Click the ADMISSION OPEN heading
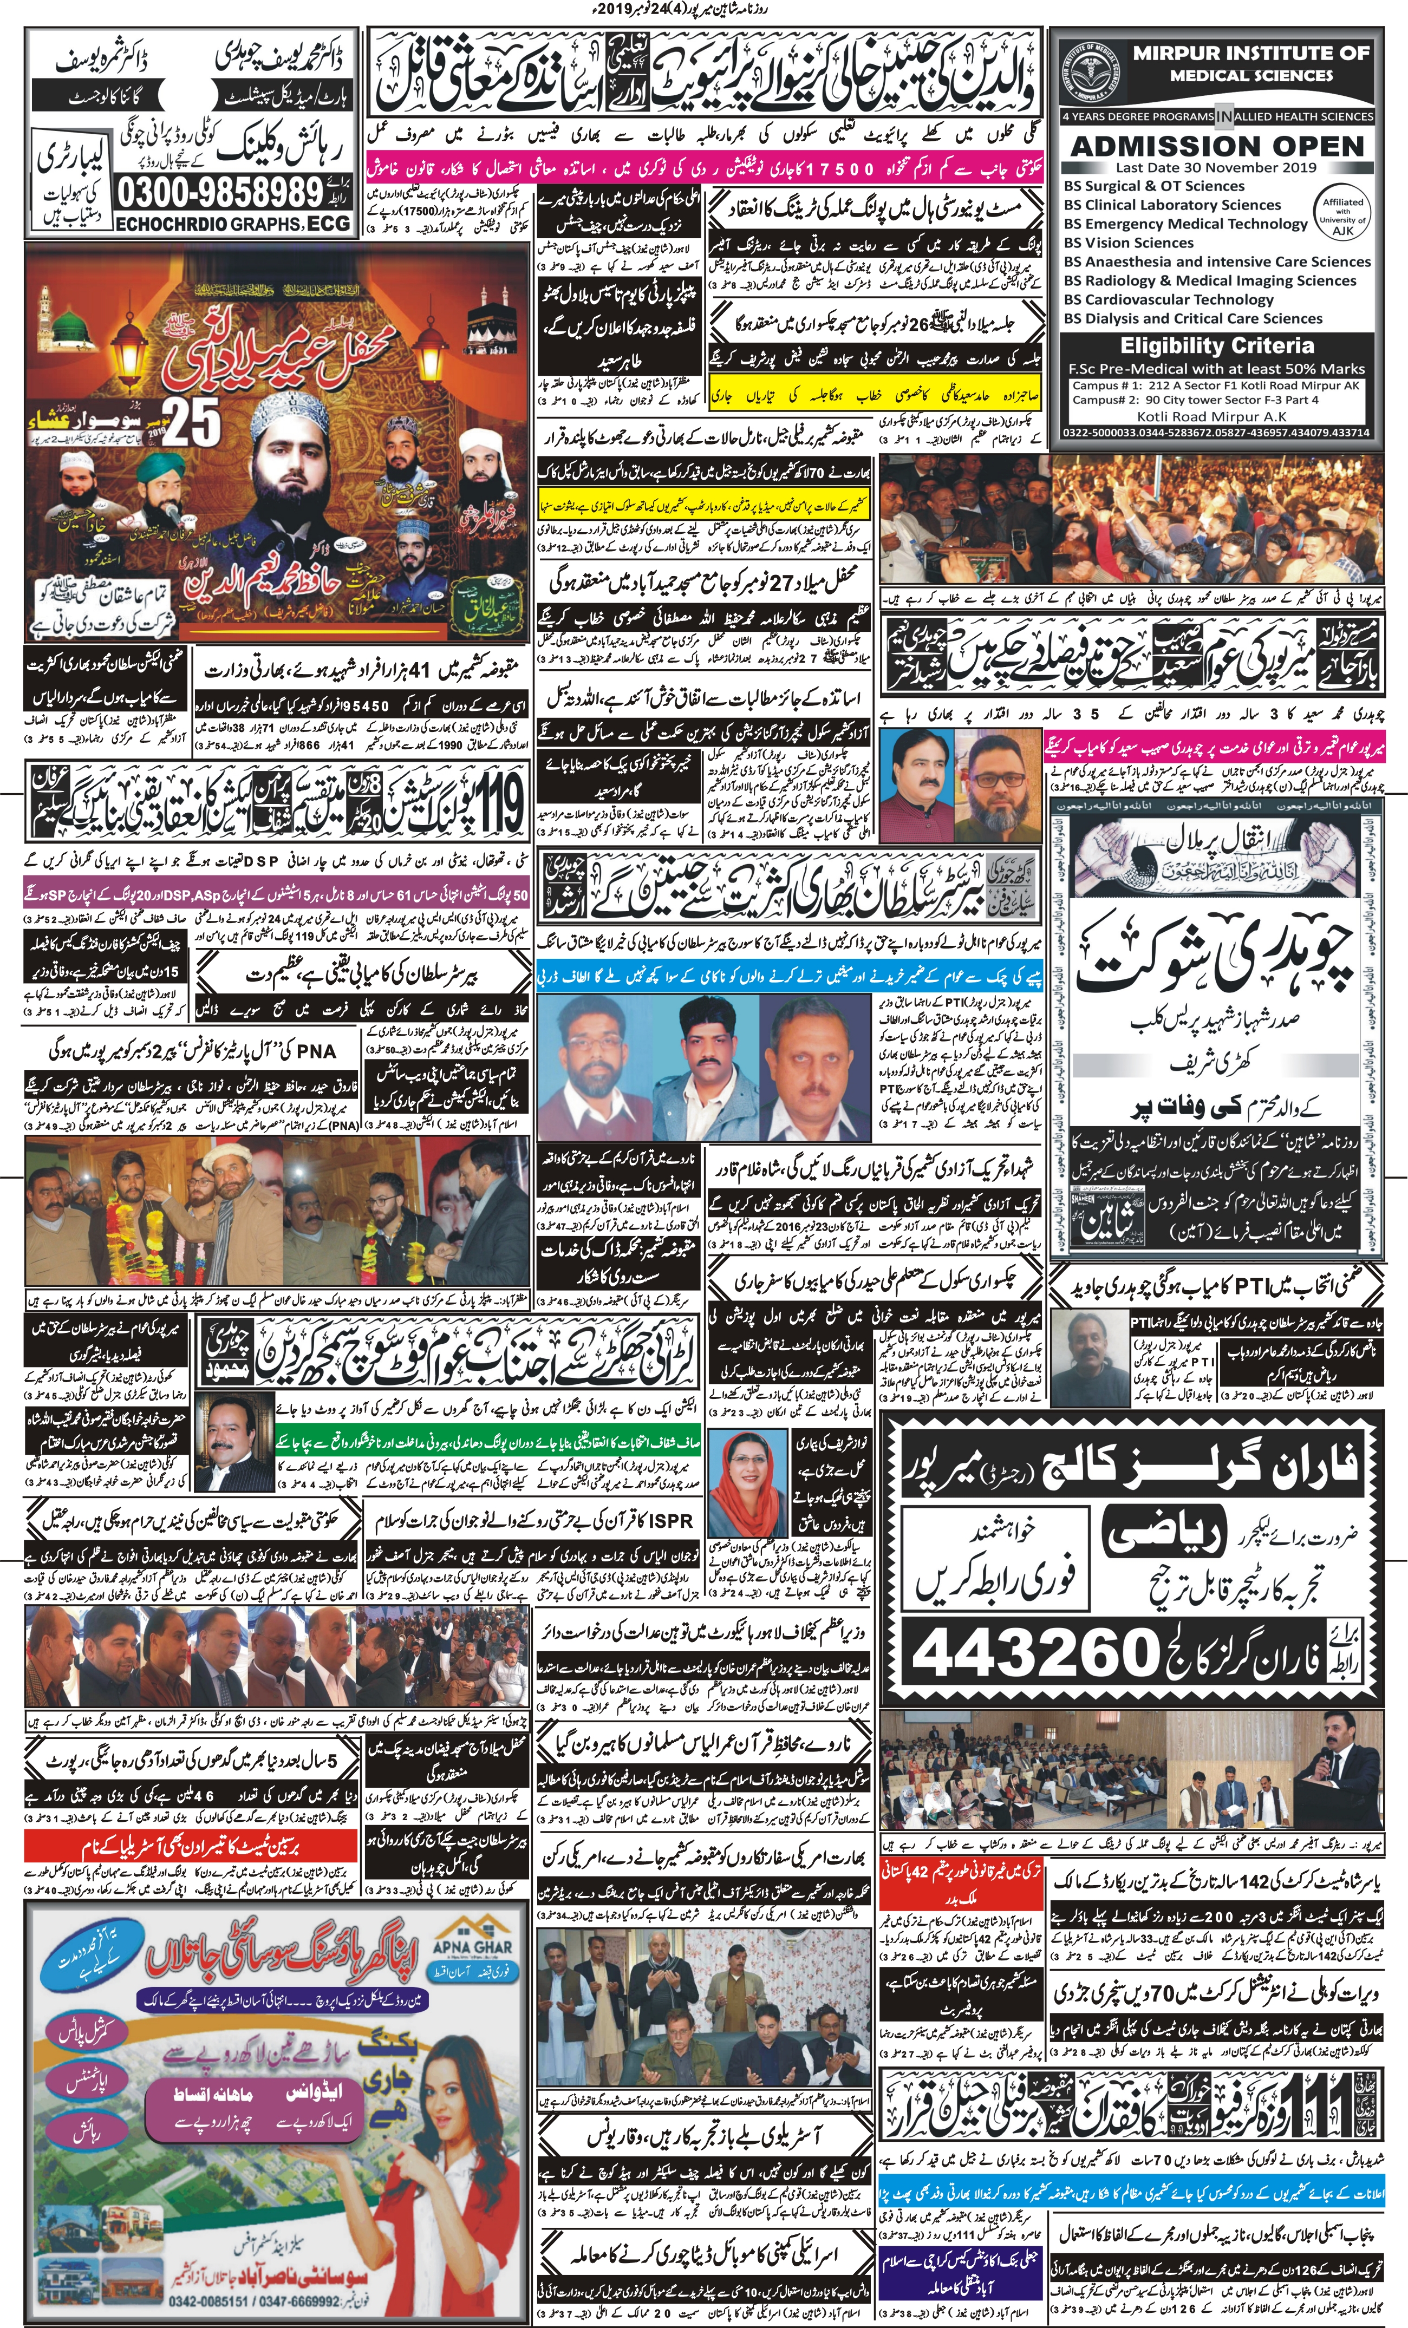pos(1217,146)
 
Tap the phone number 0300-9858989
pos(219,194)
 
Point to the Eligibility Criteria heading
pos(1217,346)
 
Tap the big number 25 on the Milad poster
pos(191,421)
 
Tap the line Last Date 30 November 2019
pos(1217,167)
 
